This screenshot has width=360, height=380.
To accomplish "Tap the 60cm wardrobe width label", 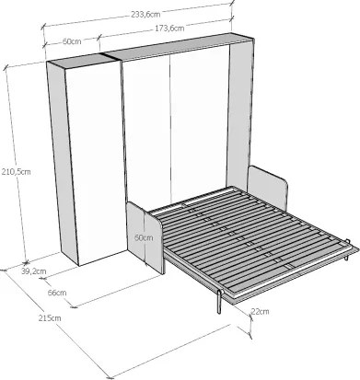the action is click(x=72, y=41).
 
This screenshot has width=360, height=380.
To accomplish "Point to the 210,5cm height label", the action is click(x=16, y=172).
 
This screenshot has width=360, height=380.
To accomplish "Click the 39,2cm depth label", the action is click(x=34, y=271).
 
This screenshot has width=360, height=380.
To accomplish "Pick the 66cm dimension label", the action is click(x=57, y=293).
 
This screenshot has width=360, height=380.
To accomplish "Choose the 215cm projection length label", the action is click(x=50, y=318).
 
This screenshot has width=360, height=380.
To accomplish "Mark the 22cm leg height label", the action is click(x=260, y=311).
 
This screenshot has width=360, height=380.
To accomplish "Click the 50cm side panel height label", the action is click(x=144, y=237).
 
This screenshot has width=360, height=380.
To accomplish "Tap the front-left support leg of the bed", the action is click(x=219, y=302).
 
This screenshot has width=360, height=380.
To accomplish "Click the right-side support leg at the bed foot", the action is click(x=347, y=250).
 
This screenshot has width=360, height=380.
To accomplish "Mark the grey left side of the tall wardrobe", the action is click(x=63, y=163).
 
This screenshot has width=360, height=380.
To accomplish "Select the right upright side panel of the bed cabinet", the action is click(x=240, y=117).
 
